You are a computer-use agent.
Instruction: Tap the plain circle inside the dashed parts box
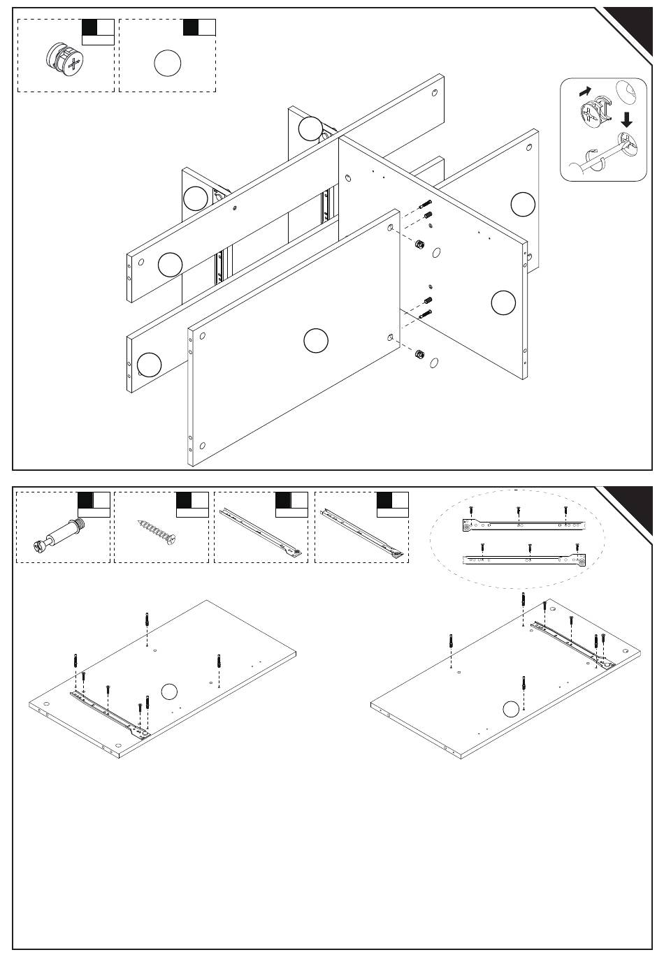click(x=167, y=64)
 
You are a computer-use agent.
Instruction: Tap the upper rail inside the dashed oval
click(x=522, y=523)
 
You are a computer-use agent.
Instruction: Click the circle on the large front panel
click(x=316, y=340)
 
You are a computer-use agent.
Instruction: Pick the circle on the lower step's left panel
click(x=169, y=692)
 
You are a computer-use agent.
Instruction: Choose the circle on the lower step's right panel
click(x=512, y=709)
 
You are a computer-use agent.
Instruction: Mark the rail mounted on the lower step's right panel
click(x=570, y=643)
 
